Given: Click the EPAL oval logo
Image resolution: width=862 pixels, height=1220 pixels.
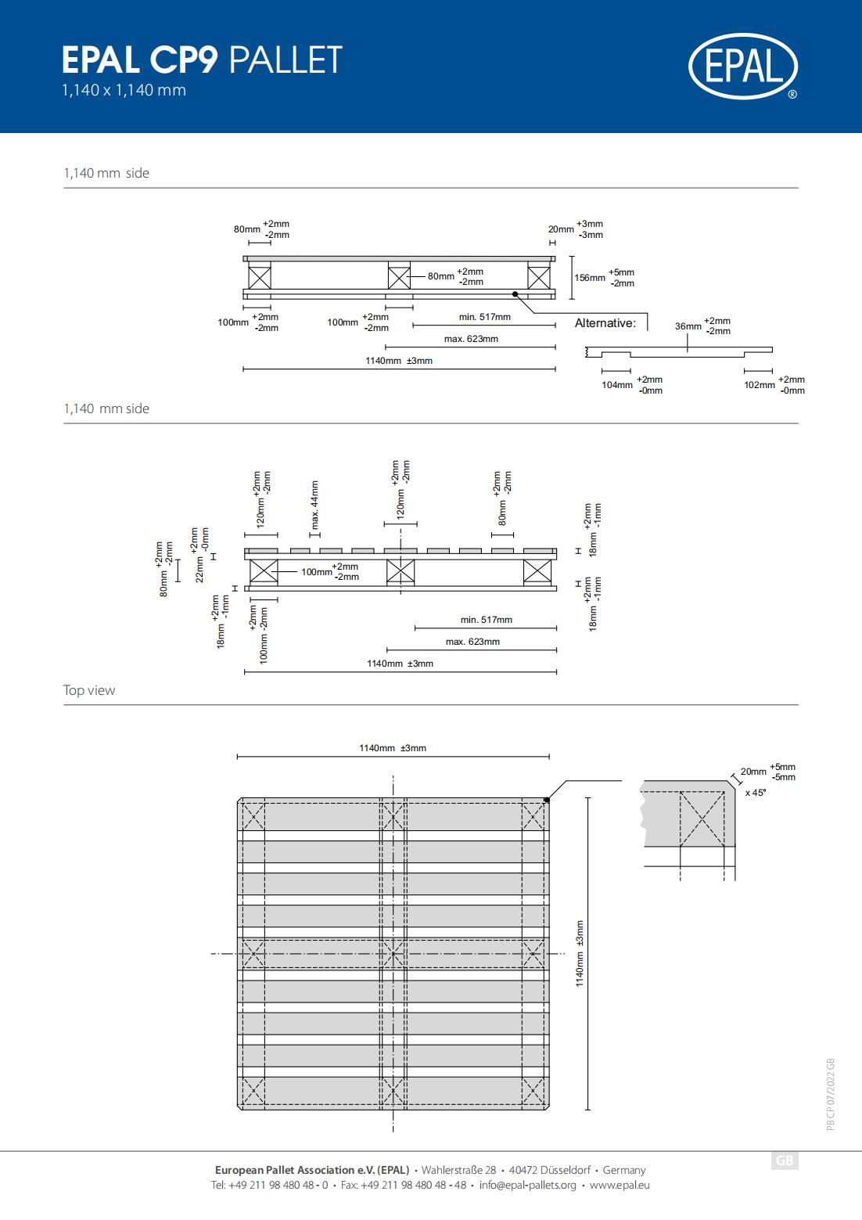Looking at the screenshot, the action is coord(743,67).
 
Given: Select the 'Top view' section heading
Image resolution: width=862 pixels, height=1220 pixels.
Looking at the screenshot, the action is coord(89,690).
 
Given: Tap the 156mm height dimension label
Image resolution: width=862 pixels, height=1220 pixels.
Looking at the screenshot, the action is coord(590,278).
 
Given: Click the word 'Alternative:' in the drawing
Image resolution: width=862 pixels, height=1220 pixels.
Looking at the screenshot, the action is coord(605,323).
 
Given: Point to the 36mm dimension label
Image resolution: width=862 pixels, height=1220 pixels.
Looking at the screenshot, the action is coord(688,326).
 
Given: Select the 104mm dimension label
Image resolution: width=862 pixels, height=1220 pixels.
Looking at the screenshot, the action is coord(617,385).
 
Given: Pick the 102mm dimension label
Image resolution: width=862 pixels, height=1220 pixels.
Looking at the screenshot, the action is coord(760,385).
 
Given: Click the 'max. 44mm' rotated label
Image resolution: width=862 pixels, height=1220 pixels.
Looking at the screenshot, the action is coord(314,505).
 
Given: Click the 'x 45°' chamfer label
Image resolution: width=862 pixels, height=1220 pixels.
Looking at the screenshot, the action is coord(756,793).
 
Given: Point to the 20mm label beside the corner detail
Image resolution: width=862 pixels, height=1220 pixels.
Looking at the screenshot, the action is coord(753,772).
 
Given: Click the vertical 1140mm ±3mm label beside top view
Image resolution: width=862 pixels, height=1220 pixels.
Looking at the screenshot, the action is coord(580,953).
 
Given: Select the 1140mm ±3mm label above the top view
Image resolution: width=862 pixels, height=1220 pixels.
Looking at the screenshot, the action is coord(393,748).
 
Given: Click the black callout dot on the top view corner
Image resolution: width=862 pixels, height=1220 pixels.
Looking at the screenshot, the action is coord(547,800).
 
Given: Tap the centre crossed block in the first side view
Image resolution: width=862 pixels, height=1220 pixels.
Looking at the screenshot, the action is coord(399,278).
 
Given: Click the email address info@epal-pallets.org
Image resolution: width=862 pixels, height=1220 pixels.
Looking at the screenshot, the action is coord(528,1185).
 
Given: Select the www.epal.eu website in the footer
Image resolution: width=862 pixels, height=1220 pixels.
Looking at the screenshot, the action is coord(620,1185).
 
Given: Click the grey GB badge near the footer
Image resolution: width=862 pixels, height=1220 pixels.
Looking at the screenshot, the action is coord(785,1161).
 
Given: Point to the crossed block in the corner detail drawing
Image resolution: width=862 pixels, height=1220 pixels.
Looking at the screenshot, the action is coord(702,819).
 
